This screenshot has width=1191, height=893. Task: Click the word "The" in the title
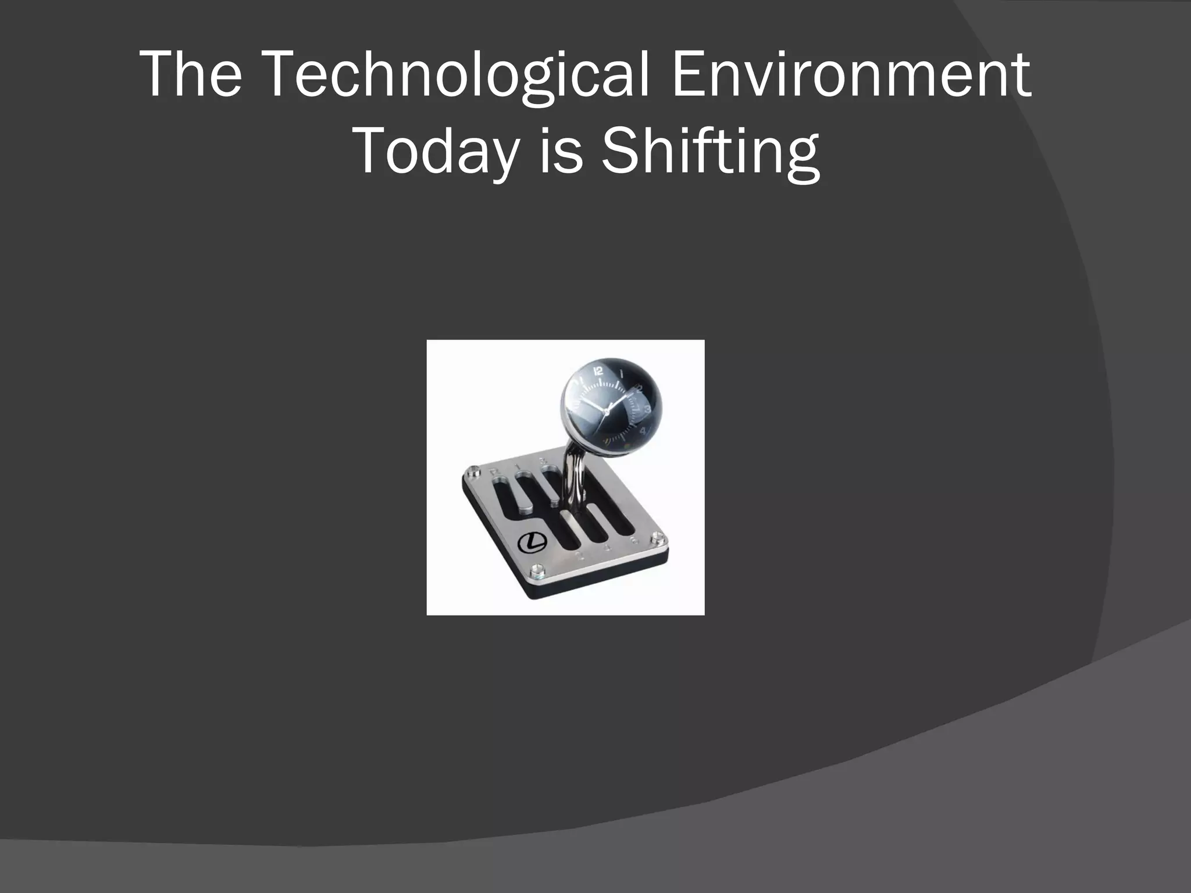coord(191,75)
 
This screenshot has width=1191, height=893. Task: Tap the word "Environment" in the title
coord(851,75)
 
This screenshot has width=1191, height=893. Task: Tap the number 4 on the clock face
coord(643,431)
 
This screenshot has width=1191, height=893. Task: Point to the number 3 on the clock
coord(647,409)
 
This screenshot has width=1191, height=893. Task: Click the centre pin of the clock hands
coord(606,411)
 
